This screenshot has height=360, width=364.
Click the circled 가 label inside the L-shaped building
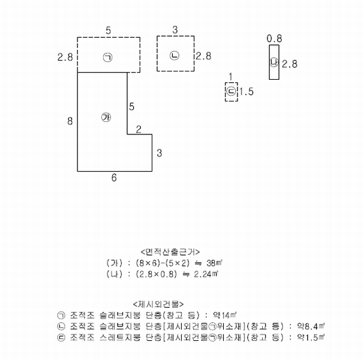tap(106, 117)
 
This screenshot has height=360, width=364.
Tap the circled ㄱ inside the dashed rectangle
tap(108, 57)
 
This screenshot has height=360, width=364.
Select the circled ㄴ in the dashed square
tap(175, 56)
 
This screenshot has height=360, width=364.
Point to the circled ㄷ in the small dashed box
tap(231, 91)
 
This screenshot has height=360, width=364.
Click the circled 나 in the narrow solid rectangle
tap(274, 62)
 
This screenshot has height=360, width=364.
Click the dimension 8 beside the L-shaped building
tap(70, 121)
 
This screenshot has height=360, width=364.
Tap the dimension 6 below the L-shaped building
tap(114, 178)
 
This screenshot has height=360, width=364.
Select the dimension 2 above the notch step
tap(139, 130)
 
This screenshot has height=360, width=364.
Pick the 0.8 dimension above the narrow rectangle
tap(275, 38)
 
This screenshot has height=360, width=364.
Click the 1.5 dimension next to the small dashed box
tap(246, 92)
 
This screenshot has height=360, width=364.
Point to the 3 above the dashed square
tap(175, 30)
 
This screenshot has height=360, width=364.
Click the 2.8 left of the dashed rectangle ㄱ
tap(65, 57)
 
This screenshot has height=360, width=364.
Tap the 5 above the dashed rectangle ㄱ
tap(109, 31)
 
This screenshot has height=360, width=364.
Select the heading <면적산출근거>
tap(170, 252)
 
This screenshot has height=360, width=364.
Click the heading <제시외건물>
tap(158, 304)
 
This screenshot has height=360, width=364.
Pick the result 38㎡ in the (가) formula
tap(215, 263)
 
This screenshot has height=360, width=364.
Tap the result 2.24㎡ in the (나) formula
tap(206, 274)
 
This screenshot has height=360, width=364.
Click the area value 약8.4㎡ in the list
tap(311, 326)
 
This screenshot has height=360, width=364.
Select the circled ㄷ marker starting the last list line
tap(61, 337)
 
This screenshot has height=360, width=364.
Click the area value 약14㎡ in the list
tap(225, 315)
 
